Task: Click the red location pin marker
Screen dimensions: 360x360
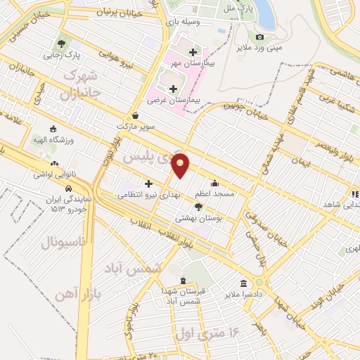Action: (x=181, y=165)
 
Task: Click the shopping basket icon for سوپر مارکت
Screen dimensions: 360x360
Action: (x=135, y=117)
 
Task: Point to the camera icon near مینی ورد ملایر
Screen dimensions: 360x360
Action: (x=260, y=37)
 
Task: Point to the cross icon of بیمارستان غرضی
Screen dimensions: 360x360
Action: (x=173, y=88)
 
